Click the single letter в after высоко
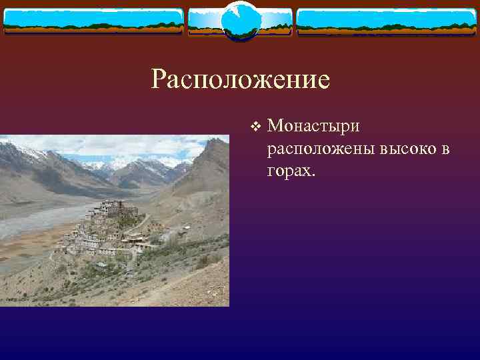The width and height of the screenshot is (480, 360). tap(444, 149)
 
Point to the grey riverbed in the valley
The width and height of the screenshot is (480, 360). tap(33, 220)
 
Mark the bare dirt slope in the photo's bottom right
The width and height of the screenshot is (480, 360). tap(193, 287)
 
